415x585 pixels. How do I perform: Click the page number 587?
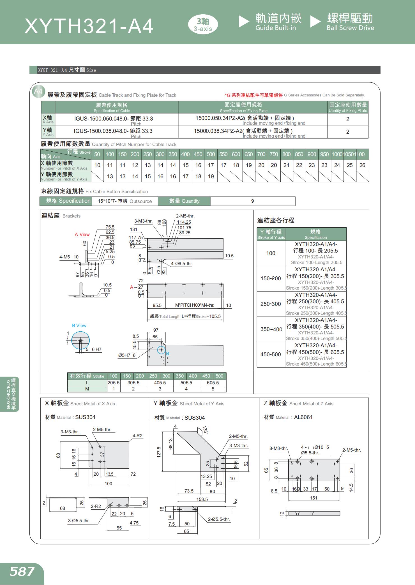click(x=22, y=572)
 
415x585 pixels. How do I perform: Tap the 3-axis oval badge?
click(x=203, y=25)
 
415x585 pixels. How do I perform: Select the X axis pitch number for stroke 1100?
click(x=362, y=165)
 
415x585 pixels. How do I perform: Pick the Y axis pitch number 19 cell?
click(x=211, y=176)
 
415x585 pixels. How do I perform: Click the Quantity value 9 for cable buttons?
click(x=252, y=201)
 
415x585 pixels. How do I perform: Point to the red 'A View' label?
click(x=82, y=234)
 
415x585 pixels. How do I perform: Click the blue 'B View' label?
click(x=79, y=325)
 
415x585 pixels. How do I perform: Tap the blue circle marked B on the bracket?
click(x=162, y=350)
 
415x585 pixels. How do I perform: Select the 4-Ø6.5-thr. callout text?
click(x=182, y=263)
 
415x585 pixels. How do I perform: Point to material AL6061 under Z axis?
click(x=303, y=417)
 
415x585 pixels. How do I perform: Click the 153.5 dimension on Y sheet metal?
click(x=202, y=499)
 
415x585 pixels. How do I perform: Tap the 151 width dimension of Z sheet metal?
click(x=313, y=498)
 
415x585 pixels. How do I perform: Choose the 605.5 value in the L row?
click(x=213, y=383)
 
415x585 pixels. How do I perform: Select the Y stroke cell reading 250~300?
click(x=271, y=304)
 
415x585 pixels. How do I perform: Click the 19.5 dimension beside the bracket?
click(x=229, y=256)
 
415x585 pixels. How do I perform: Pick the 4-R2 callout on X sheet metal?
click(x=137, y=436)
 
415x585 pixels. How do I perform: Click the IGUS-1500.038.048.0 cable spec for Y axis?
click(x=113, y=131)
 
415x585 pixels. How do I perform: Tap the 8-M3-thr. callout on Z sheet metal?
click(x=279, y=448)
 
